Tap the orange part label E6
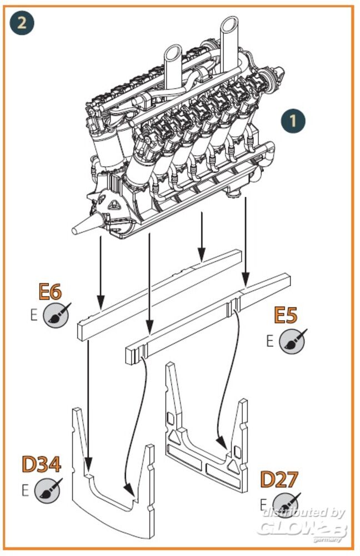click(50, 292)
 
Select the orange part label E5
click(286, 315)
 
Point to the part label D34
click(42, 464)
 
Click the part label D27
click(279, 479)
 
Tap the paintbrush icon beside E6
click(57, 315)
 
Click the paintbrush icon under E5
click(292, 340)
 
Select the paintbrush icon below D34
click(47, 490)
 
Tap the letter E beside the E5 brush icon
click(269, 340)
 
